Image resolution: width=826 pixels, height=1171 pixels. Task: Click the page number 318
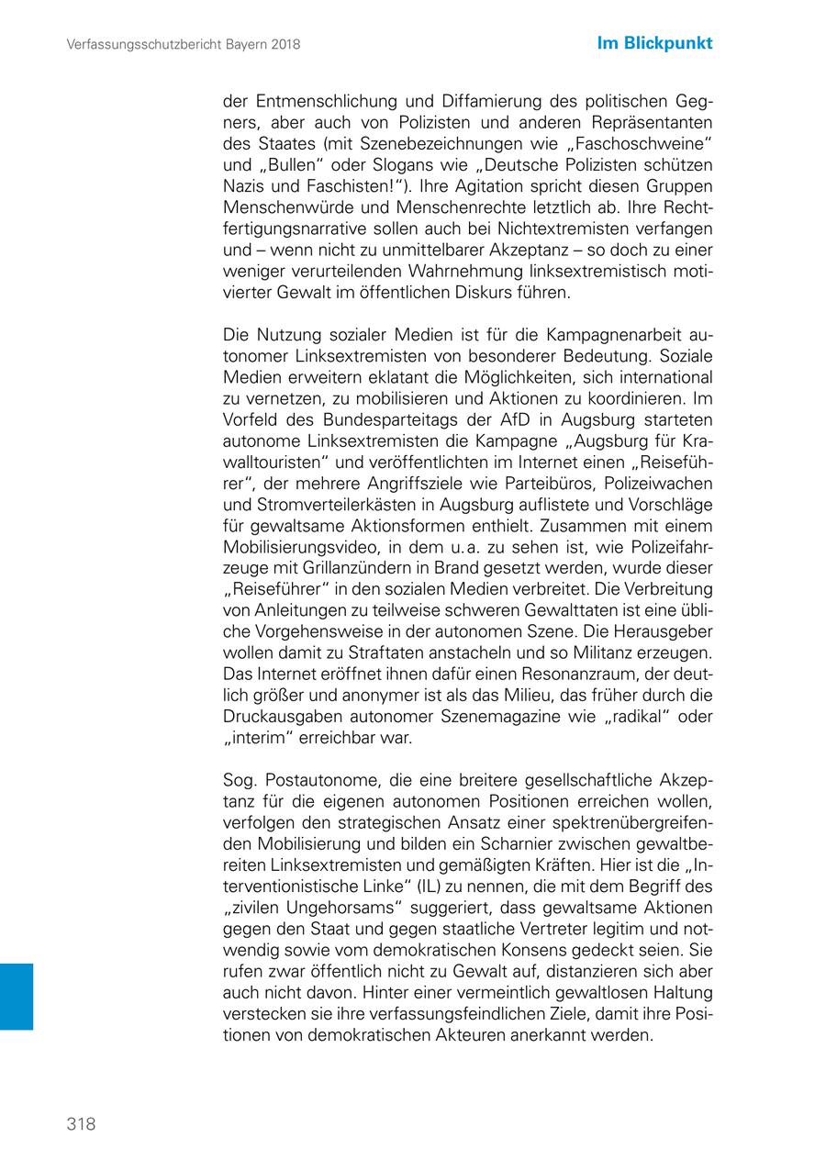point(81,1124)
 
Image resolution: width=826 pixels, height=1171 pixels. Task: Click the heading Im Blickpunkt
point(654,43)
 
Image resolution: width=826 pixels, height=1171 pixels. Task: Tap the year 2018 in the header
point(283,44)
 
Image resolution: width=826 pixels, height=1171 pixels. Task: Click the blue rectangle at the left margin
point(17,996)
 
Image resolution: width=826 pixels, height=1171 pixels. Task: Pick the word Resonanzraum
point(525,675)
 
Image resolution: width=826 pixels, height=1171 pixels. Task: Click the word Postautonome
point(318,780)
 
